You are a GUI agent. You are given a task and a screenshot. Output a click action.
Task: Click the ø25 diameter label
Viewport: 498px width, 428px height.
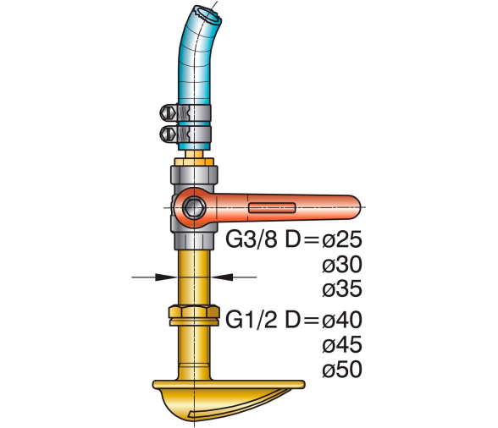pos(342,239)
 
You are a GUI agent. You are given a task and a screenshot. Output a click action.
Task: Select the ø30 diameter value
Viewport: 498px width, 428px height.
pos(342,264)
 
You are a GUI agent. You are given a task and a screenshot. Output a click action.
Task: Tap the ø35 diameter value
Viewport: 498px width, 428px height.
pos(342,288)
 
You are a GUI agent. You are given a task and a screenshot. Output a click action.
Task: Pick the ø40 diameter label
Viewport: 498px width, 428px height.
pos(342,320)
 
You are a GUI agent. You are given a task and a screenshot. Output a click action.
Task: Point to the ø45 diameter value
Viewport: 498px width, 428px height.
pos(342,344)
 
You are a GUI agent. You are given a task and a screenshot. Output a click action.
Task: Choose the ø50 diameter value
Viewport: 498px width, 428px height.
pos(342,370)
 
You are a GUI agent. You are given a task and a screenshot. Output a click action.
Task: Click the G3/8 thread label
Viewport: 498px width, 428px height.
pos(251,239)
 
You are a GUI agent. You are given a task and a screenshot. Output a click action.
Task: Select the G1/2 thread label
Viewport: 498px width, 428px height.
pos(251,320)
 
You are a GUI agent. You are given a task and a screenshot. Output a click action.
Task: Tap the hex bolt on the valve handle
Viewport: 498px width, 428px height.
pos(194,208)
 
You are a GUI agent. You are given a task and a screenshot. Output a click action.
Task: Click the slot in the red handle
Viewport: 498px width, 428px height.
pos(272,208)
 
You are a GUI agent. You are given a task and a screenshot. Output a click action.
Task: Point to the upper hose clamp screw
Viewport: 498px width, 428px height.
pos(168,113)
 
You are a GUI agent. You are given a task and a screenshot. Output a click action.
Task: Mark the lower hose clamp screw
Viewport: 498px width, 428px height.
pos(168,134)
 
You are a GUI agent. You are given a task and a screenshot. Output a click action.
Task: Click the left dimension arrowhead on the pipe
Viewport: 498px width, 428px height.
pos(166,277)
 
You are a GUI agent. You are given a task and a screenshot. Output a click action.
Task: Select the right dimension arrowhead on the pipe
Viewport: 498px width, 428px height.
pos(222,277)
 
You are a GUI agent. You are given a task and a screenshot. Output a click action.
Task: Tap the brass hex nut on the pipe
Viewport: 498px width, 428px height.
pos(194,316)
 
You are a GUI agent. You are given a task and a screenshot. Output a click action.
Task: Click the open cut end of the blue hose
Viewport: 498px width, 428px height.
pos(208,14)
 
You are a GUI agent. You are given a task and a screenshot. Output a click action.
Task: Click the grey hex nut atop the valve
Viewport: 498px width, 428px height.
pos(194,174)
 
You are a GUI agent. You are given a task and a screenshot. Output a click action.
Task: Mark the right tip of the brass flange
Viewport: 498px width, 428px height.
pos(303,385)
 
